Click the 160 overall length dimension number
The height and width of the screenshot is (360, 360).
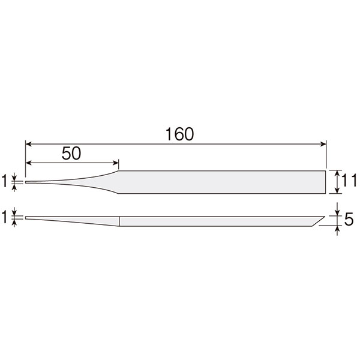[x=179, y=134]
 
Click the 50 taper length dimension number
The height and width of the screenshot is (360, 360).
[x=71, y=154]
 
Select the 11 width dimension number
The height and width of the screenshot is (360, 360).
[x=349, y=181]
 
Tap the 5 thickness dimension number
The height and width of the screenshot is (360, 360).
[x=349, y=220]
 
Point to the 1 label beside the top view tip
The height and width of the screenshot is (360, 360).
[x=4, y=181]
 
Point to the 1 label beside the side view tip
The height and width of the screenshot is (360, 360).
[x=4, y=217]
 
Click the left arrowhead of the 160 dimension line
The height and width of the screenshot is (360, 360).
[x=28, y=144]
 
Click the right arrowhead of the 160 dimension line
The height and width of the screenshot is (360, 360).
[x=323, y=144]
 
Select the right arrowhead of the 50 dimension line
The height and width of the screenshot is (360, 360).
[x=116, y=163]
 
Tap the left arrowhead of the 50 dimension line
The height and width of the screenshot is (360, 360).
[x=28, y=163]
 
